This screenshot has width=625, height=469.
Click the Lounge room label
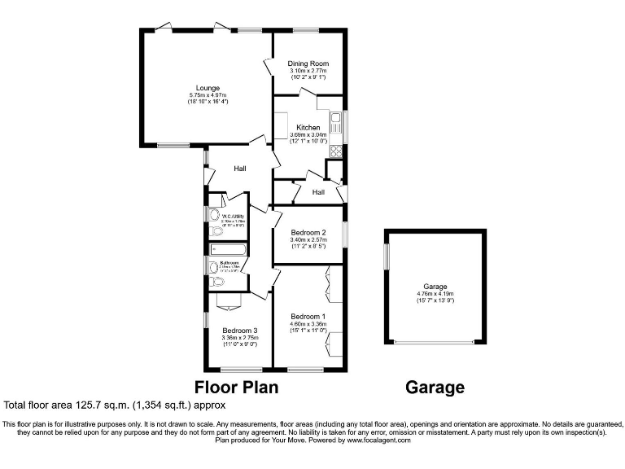(207, 88)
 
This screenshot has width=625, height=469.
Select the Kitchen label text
(308, 128)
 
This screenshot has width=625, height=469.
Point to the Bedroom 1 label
(308, 316)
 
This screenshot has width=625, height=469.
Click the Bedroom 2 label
(308, 232)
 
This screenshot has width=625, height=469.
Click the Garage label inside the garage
(435, 287)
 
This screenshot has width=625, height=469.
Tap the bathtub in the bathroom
(229, 250)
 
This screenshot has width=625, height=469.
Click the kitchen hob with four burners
(336, 150)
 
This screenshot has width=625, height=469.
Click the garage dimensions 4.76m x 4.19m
(435, 294)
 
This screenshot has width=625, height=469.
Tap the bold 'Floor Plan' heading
(236, 388)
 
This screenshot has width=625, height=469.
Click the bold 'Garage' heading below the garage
(435, 388)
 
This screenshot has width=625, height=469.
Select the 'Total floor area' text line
(115, 405)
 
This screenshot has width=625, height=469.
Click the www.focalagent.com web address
(379, 440)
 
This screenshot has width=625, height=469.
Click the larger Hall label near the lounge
(240, 169)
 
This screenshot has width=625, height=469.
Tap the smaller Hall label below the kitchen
(318, 192)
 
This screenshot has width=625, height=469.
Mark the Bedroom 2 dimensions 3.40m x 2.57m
(308, 239)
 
